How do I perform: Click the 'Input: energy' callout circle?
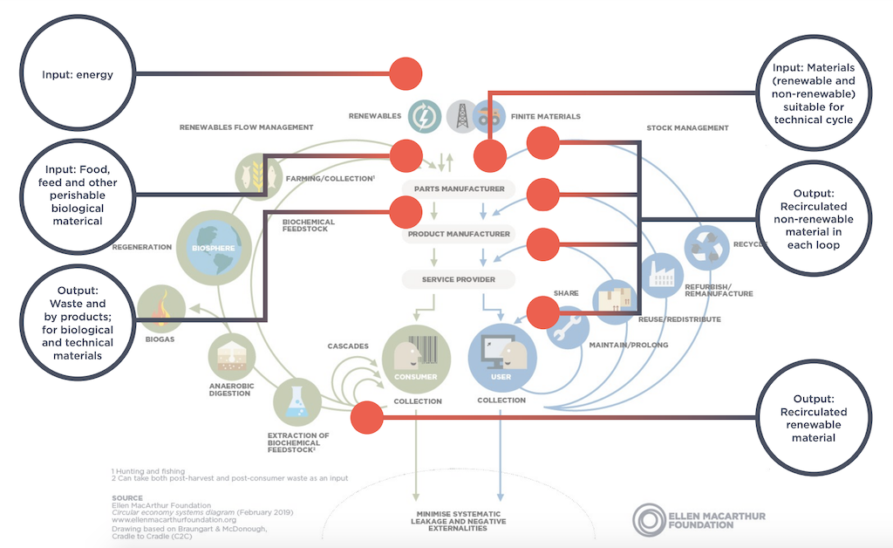coord(78,75)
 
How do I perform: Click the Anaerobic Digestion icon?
coord(231,357)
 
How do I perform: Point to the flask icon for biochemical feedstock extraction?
coord(297,402)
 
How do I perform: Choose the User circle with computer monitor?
coord(502,358)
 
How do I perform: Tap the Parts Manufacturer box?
coord(458,188)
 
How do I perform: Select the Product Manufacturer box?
coord(458,234)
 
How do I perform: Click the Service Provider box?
coord(458,279)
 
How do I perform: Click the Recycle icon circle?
coord(706,249)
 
